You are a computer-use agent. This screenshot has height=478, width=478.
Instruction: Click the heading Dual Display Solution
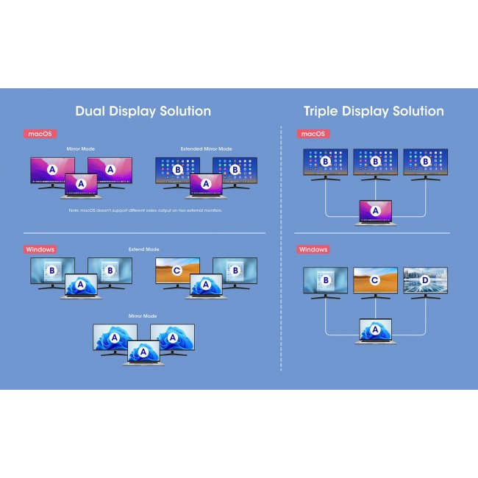(x=143, y=111)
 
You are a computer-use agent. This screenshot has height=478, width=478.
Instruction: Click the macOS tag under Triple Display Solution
(x=312, y=134)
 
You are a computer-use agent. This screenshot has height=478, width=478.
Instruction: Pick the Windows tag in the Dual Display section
(x=41, y=249)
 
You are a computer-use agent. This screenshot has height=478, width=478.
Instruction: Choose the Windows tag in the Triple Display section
(x=313, y=249)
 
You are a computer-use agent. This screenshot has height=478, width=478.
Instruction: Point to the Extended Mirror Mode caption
(x=206, y=149)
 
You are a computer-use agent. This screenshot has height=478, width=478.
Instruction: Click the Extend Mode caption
(x=143, y=249)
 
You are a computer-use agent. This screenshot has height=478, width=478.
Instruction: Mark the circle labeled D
(x=421, y=280)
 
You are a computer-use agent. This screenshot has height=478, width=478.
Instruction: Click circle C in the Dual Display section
(x=176, y=271)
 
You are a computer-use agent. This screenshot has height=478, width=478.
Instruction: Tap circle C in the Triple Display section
(x=374, y=280)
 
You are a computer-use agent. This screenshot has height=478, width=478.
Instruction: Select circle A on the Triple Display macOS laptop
(x=375, y=210)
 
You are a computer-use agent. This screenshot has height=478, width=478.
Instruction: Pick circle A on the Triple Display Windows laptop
(x=375, y=329)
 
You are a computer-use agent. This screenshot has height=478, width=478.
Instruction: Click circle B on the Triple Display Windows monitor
(x=325, y=280)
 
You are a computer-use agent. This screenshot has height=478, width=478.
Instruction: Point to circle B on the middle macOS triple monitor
(x=375, y=161)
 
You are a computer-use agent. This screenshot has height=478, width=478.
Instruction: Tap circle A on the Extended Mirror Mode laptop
(x=206, y=183)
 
